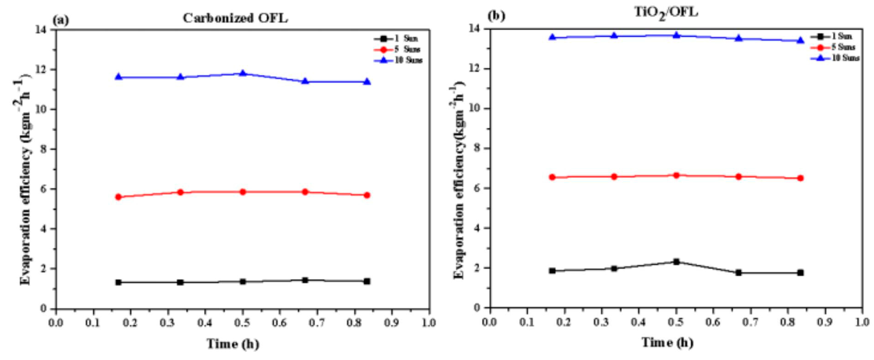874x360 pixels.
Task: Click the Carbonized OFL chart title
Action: coord(235,18)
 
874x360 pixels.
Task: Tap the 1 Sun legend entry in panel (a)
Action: coord(406,39)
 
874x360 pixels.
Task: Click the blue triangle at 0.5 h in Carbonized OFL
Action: coord(243,73)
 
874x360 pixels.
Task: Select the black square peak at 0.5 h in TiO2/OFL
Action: coord(676,262)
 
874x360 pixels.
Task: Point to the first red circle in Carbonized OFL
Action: coord(118,197)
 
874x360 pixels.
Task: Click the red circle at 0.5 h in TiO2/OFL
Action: coord(676,175)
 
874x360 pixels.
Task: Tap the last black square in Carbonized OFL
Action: coord(367,281)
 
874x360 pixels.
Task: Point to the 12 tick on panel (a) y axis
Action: coord(44,70)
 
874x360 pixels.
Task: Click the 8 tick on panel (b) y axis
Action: coord(477,148)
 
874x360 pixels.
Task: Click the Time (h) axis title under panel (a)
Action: coord(233,344)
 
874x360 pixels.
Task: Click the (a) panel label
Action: coord(61,21)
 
